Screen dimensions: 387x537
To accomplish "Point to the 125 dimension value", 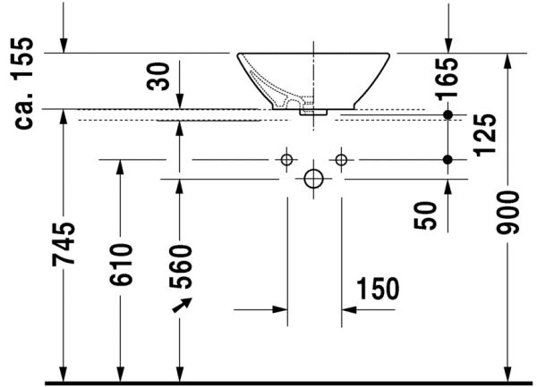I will click(486, 135).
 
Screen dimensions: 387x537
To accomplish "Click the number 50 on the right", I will click(427, 215).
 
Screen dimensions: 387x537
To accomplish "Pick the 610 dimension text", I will click(121, 265).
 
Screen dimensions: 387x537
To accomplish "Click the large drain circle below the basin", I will click(313, 178).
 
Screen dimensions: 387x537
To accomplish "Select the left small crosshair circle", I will click(286, 160).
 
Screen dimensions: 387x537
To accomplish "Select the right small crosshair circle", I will click(341, 160).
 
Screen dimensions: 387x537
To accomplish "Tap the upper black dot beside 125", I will click(448, 115).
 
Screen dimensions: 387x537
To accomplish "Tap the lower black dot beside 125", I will click(448, 160).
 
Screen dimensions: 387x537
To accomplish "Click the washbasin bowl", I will click(313, 76).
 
